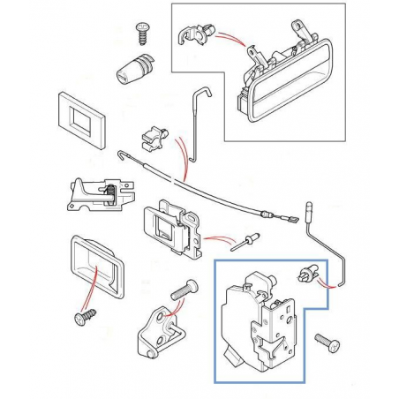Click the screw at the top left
(140, 33)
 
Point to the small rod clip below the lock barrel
(156, 139)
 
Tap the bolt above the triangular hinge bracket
(180, 289)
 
